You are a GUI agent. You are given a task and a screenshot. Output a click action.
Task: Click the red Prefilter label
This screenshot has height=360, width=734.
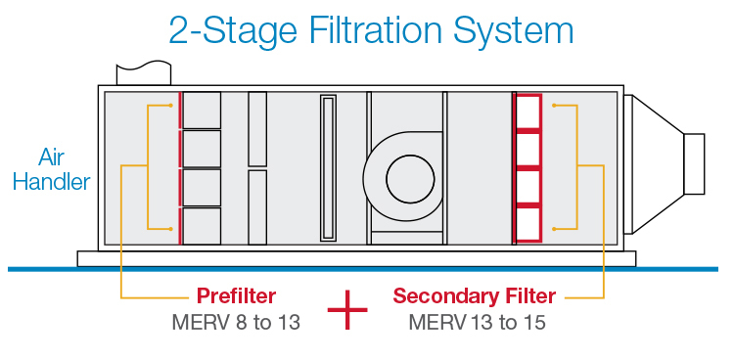pyautogui.click(x=237, y=295)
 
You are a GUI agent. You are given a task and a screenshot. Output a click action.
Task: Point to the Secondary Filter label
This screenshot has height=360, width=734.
pyautogui.click(x=474, y=295)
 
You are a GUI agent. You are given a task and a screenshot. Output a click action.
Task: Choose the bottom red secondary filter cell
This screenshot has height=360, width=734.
pyautogui.click(x=528, y=223)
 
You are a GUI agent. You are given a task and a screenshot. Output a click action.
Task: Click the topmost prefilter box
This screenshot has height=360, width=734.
pyautogui.click(x=202, y=111)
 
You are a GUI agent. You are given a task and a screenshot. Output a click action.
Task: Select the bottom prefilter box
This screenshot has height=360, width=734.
pyautogui.click(x=202, y=225)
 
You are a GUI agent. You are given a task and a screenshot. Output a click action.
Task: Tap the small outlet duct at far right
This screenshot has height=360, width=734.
pyautogui.click(x=693, y=162)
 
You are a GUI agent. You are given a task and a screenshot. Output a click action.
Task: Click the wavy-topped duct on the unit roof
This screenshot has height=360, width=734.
pyautogui.click(x=138, y=73)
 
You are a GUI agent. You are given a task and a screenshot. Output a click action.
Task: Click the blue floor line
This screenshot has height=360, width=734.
pyautogui.click(x=367, y=269)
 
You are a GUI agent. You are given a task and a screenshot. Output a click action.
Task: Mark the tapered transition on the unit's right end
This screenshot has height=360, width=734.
pyautogui.click(x=651, y=162)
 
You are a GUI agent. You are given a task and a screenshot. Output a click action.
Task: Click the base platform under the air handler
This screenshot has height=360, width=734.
pyautogui.click(x=356, y=258)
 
